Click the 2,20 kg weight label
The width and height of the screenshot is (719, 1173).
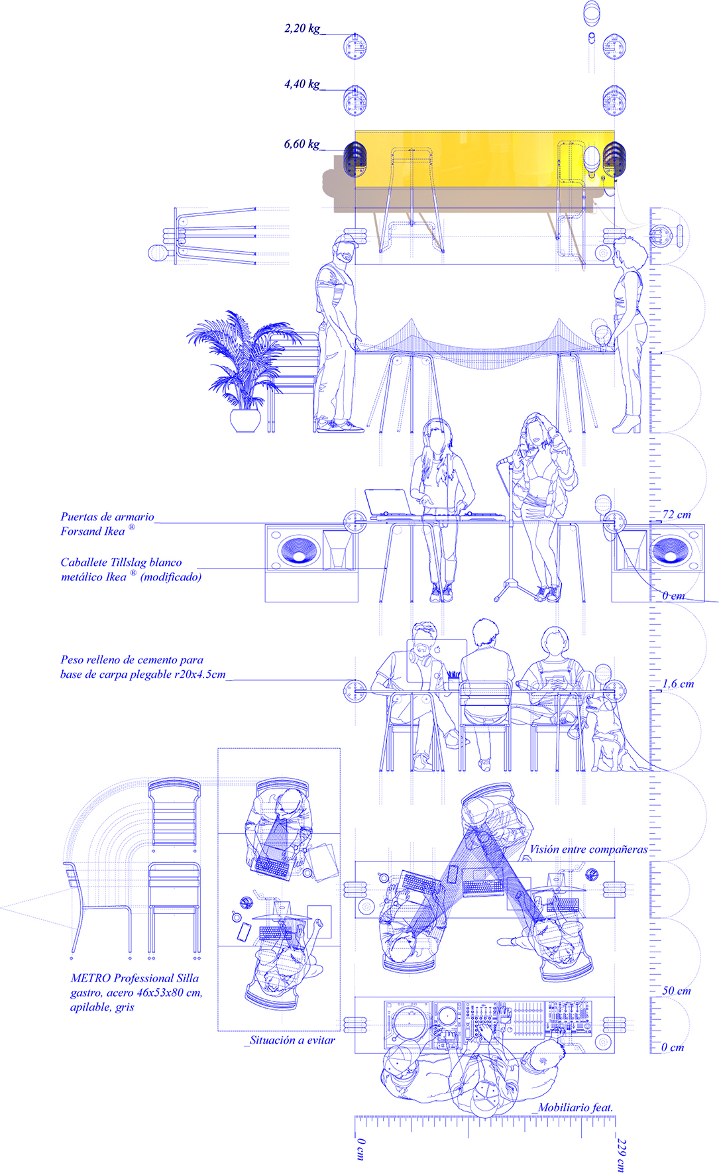click(302, 28)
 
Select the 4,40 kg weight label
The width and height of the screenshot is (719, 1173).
click(302, 84)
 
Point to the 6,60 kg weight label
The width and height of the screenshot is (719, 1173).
click(302, 144)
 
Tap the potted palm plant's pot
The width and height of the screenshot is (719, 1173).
click(244, 420)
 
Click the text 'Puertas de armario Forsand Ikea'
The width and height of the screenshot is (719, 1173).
click(107, 524)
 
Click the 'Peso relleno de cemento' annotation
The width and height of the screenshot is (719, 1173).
click(142, 667)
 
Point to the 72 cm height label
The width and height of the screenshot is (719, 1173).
click(677, 515)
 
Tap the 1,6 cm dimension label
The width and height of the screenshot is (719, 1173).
click(678, 684)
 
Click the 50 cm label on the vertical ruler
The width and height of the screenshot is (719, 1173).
click(677, 991)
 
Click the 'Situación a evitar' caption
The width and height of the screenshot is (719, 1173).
click(292, 1040)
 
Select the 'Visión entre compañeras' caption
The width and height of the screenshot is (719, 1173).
click(588, 850)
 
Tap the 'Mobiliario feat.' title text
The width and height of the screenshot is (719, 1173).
click(575, 1107)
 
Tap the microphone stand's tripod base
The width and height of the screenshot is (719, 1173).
click(510, 589)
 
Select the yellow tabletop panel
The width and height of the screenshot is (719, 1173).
click(484, 159)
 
